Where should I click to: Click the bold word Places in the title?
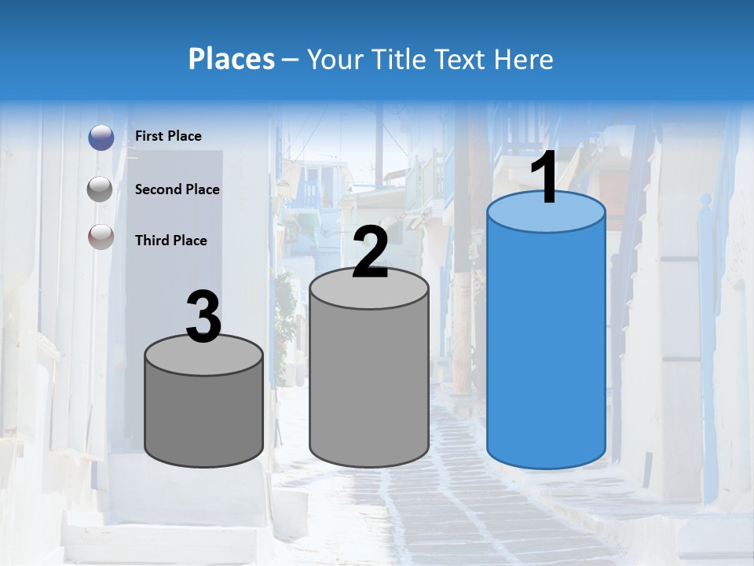232,59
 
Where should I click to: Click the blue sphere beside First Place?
101,138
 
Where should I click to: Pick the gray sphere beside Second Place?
101,189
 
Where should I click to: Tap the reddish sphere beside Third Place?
101,237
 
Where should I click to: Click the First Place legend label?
168,136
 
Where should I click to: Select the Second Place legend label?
177,189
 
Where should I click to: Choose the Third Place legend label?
170,241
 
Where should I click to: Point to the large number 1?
544,179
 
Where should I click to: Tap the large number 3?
203,318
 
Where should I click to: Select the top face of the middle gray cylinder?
369,291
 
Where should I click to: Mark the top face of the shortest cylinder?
203,358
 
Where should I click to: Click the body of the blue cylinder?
546,346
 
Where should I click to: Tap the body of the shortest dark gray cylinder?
203,417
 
